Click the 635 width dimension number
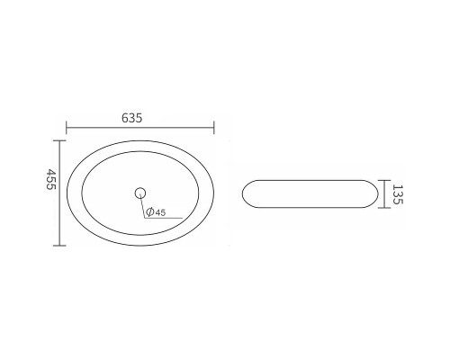131,118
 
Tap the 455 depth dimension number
51,179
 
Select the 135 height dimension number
396,194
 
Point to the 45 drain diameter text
160,212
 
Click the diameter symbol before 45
150,212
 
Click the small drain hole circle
140,193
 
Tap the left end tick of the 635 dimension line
67,128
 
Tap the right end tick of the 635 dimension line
214,128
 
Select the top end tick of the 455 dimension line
59,140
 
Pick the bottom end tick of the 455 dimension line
59,246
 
